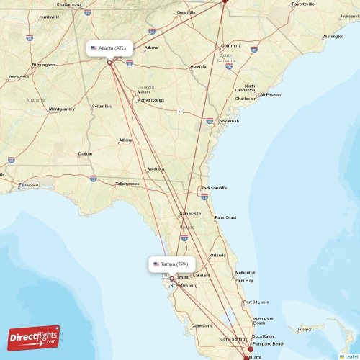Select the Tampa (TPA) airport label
pyautogui.click(x=174, y=264)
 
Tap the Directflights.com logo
pyautogui.click(x=35, y=336)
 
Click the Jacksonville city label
pyautogui.click(x=214, y=188)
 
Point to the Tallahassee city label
pyautogui.click(x=127, y=184)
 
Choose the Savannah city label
pyautogui.click(x=229, y=121)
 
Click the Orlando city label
pyautogui.click(x=217, y=255)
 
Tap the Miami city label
pyautogui.click(x=256, y=356)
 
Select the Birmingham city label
pyautogui.click(x=44, y=64)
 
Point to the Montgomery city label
pyautogui.click(x=61, y=109)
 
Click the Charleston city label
pyautogui.click(x=246, y=99)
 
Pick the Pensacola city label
pyautogui.click(x=28, y=184)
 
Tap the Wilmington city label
pyautogui.click(x=333, y=36)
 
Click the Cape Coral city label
pyautogui.click(x=201, y=326)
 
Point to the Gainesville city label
pyautogui.click(x=191, y=214)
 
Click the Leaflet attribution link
pyautogui.click(x=350, y=356)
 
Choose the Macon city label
pyautogui.click(x=144, y=92)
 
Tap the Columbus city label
pyautogui.click(x=102, y=107)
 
